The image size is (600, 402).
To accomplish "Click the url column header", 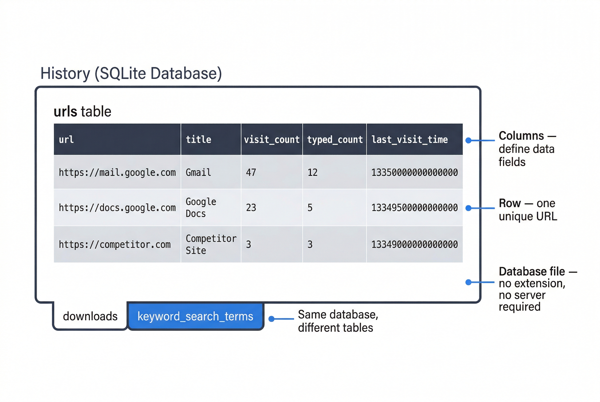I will [66, 140].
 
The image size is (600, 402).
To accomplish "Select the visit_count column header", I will [271, 140].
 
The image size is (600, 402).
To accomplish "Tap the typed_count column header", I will [334, 140].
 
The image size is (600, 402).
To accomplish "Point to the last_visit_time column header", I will [409, 140].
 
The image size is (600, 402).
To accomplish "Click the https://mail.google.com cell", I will [117, 173].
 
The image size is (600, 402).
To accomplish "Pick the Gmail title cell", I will [198, 173].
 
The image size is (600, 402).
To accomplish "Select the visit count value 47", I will [251, 173].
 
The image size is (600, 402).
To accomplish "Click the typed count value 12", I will [312, 173].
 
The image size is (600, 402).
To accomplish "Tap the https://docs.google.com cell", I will [117, 208].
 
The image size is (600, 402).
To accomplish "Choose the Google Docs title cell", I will [201, 208].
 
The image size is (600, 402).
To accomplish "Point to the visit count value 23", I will [251, 208].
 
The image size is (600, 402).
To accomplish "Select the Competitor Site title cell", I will [211, 245].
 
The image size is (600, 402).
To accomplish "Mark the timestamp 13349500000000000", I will [414, 208].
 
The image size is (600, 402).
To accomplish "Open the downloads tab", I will [90, 316].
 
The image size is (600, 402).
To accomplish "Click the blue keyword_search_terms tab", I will [195, 316].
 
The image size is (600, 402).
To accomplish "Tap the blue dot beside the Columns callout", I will [468, 140].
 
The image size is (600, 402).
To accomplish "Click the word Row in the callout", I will [510, 203].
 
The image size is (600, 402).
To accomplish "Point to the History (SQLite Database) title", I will [131, 73].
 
